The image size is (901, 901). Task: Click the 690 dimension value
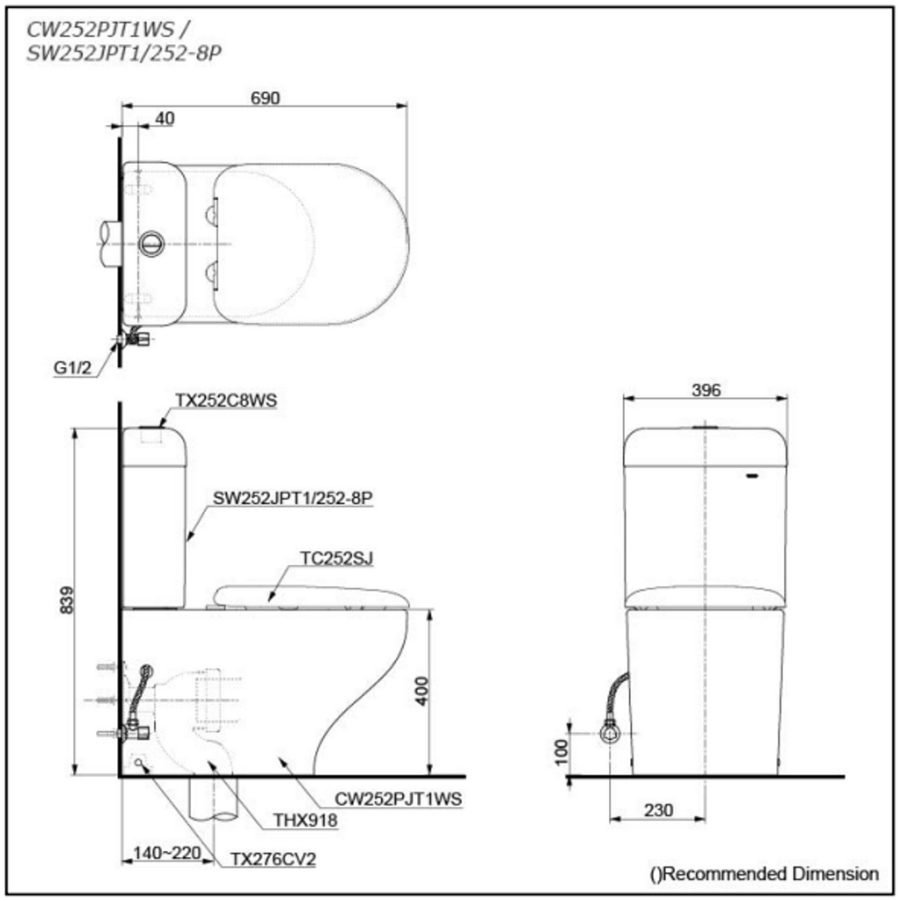tap(265, 99)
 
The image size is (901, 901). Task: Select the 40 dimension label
tap(165, 119)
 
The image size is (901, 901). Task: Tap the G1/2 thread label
tap(72, 368)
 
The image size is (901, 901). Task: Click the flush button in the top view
tap(151, 244)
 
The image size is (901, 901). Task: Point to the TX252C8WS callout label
tap(226, 400)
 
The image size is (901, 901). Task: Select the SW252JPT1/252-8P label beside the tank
tap(293, 498)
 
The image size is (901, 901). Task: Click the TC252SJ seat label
tap(337, 558)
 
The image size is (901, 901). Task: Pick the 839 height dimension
tap(67, 600)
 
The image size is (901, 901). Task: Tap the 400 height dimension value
tap(421, 692)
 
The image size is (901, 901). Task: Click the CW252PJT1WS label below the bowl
tap(399, 799)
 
